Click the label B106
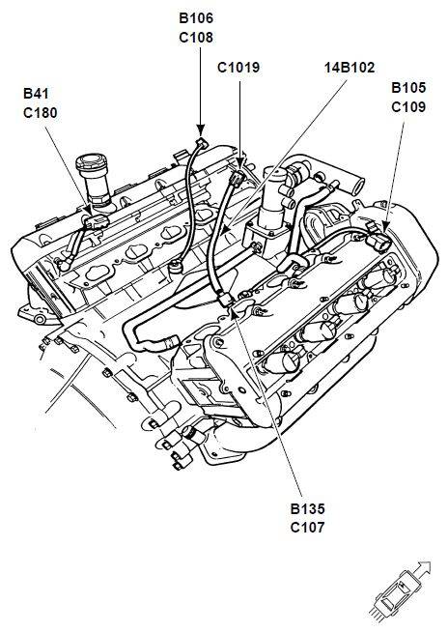(x=196, y=18)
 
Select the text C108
(x=196, y=38)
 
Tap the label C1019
(x=238, y=68)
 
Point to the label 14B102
(x=350, y=68)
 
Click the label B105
(x=408, y=88)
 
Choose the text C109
(x=408, y=107)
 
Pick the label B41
(x=36, y=93)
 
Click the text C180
(x=41, y=113)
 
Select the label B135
(x=307, y=508)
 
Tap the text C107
(x=307, y=528)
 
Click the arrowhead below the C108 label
(x=201, y=130)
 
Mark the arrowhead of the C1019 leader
(x=239, y=164)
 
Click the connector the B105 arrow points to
(x=379, y=242)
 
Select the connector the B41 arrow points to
(x=96, y=221)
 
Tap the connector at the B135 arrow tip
(x=225, y=300)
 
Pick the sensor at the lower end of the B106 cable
(x=177, y=266)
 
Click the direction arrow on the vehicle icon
(x=422, y=569)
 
